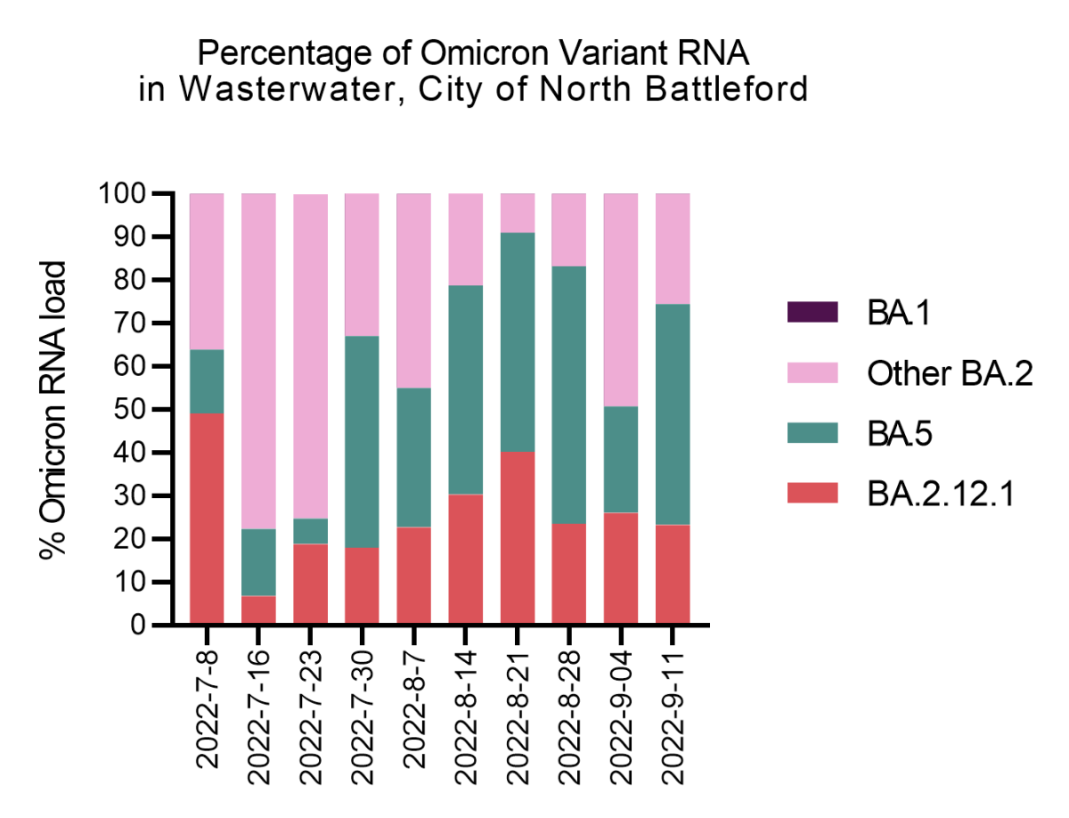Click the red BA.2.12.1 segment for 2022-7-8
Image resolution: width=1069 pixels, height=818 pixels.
click(207, 517)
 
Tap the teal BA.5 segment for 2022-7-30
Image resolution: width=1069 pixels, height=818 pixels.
click(362, 441)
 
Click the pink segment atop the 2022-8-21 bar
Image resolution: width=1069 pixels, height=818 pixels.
click(517, 213)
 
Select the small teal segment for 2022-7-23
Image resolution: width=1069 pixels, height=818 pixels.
click(310, 531)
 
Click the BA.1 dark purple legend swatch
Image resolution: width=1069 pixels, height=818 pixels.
click(812, 312)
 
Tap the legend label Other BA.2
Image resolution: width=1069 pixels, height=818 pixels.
click(949, 374)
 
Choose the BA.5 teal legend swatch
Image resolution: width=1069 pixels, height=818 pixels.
click(812, 432)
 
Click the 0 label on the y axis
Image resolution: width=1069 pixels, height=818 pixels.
click(139, 626)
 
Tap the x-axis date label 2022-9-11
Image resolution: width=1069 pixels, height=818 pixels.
click(673, 705)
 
